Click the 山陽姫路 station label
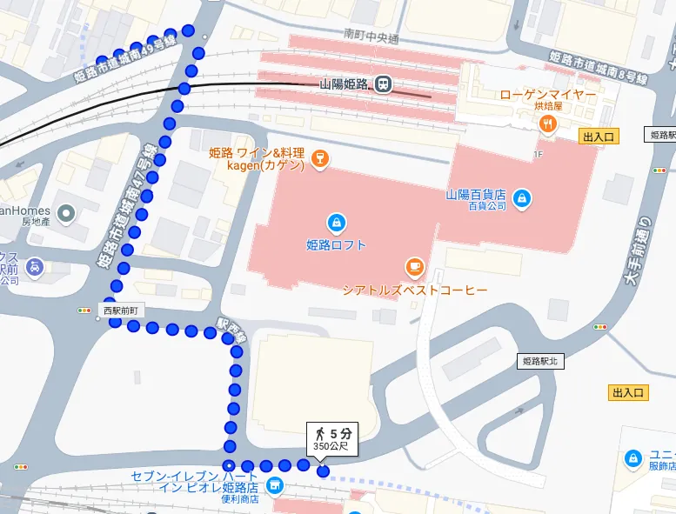345,84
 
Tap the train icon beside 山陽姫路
383,84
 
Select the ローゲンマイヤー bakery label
548,94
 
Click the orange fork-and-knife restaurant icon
547,123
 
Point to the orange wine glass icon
322,157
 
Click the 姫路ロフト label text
336,245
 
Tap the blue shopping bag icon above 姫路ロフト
336,222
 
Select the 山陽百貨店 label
476,195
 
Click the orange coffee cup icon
414,266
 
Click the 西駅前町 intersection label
120,310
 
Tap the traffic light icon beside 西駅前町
84,310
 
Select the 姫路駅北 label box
540,361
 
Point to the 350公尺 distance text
331,447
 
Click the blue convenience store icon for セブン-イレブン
275,485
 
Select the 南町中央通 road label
371,37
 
